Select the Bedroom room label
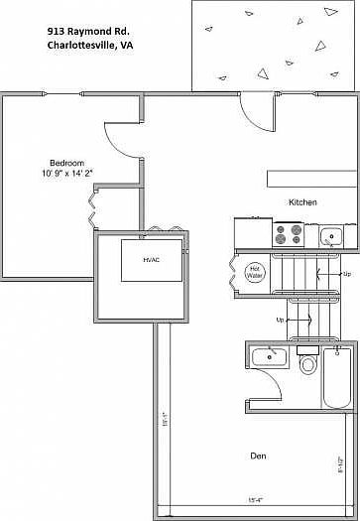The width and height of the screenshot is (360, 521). (x=67, y=163)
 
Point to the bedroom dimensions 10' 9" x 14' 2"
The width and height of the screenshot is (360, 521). (x=67, y=173)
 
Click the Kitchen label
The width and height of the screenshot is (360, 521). (x=302, y=202)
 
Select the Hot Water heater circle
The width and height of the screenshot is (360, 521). (x=253, y=269)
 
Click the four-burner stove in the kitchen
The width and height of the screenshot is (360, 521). (x=289, y=235)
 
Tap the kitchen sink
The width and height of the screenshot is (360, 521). (x=330, y=236)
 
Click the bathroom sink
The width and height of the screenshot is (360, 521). (x=267, y=356)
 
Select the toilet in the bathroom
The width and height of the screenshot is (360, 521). (x=306, y=363)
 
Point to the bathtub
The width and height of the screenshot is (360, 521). (x=337, y=377)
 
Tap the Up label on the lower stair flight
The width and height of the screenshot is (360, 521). (x=281, y=321)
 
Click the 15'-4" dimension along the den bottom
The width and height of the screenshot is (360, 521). (x=254, y=499)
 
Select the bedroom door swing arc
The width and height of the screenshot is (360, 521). (x=121, y=143)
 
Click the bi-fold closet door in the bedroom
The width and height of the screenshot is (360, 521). (x=94, y=206)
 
